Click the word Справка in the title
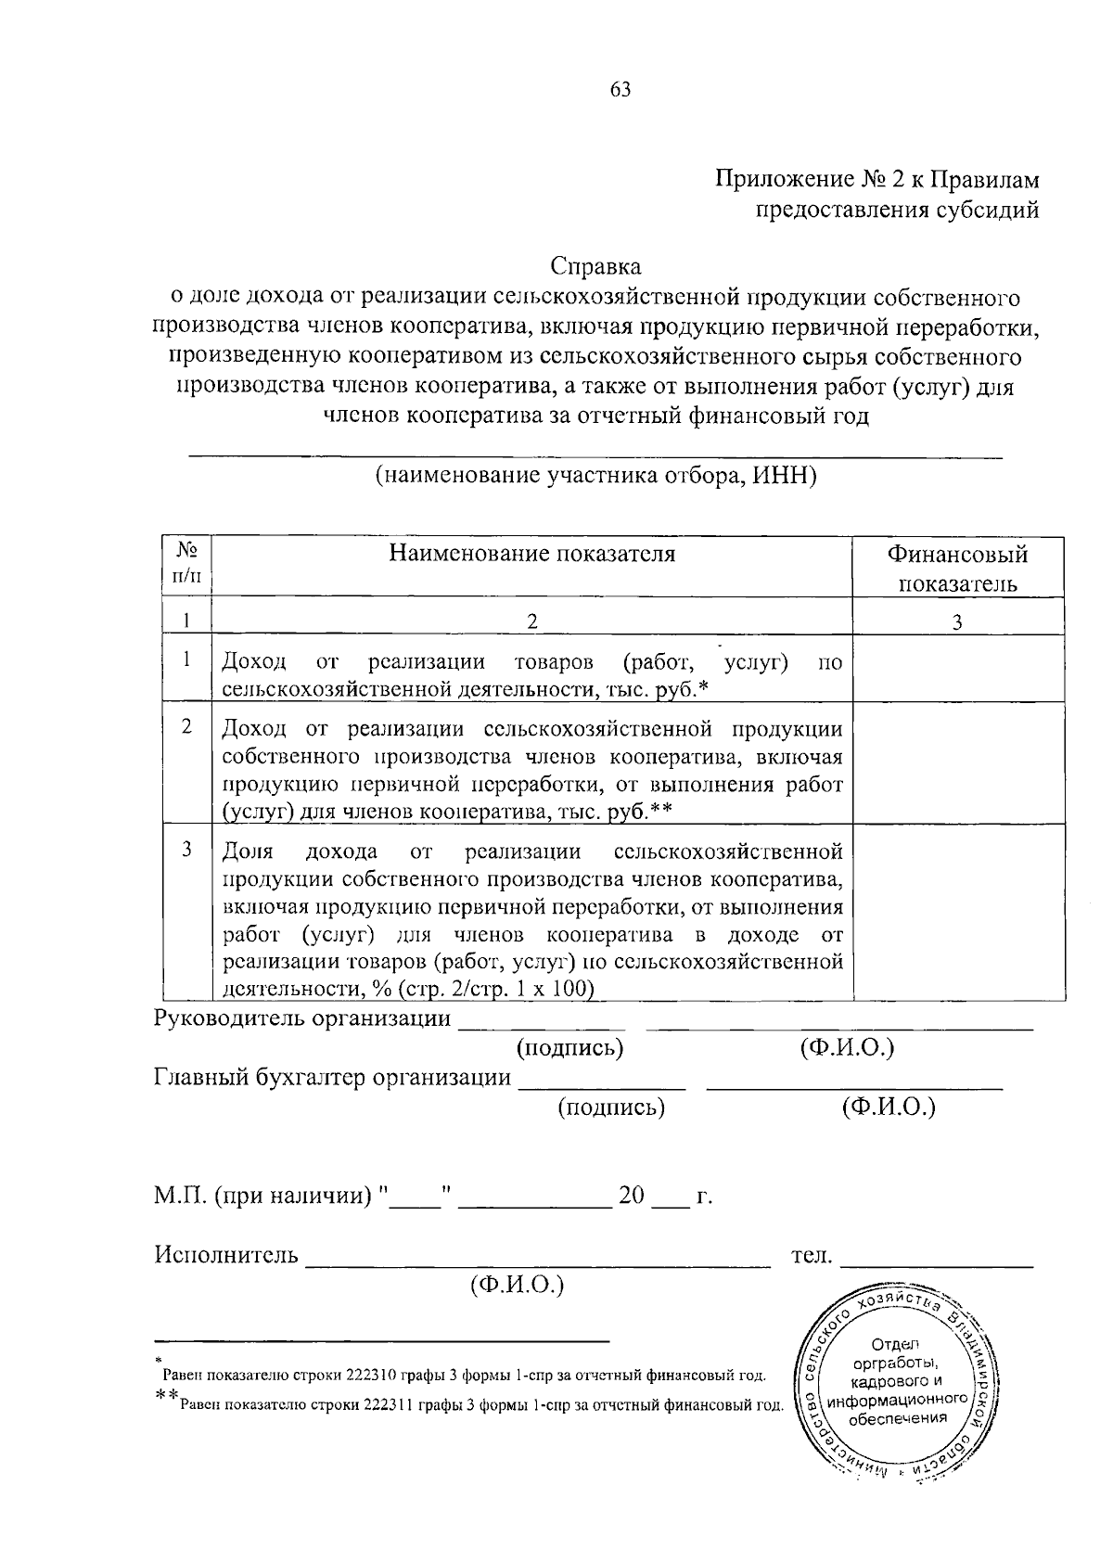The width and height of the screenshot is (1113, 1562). (595, 267)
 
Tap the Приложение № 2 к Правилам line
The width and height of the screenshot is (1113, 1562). (876, 179)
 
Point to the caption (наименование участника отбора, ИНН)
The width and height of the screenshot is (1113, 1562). (595, 476)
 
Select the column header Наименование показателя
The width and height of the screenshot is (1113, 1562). (531, 555)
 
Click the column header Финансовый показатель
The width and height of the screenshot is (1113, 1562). (957, 569)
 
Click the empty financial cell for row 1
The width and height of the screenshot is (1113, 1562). (957, 668)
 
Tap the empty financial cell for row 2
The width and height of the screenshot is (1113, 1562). (957, 762)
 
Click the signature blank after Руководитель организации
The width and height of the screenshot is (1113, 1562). (543, 1027)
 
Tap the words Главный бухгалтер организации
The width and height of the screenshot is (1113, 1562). (332, 1078)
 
